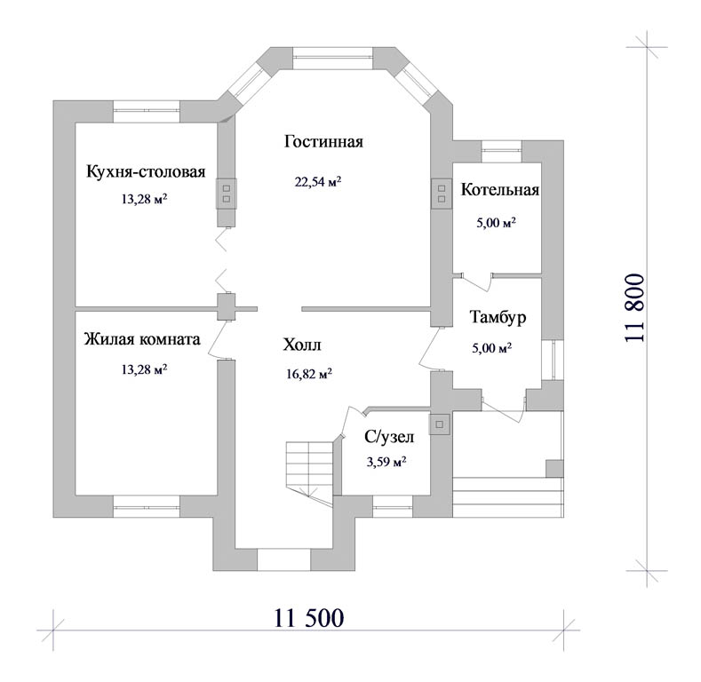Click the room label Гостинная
[x=323, y=142]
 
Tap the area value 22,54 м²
[x=318, y=181]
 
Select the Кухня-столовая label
[x=146, y=171]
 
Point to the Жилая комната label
[x=142, y=339]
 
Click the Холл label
[x=302, y=345]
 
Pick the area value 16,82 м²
[x=309, y=373]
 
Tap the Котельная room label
[x=500, y=190]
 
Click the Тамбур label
[x=498, y=317]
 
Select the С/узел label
[x=389, y=437]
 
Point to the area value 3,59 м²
[x=386, y=461]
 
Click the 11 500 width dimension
[x=309, y=618]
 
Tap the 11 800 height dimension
[x=635, y=308]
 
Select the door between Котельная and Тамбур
[x=477, y=282]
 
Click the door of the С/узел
[x=353, y=423]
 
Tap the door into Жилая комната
[x=219, y=339]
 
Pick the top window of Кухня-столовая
[x=147, y=111]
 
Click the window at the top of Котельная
[x=502, y=152]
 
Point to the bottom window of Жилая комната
[x=147, y=506]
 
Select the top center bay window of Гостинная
[x=332, y=58]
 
